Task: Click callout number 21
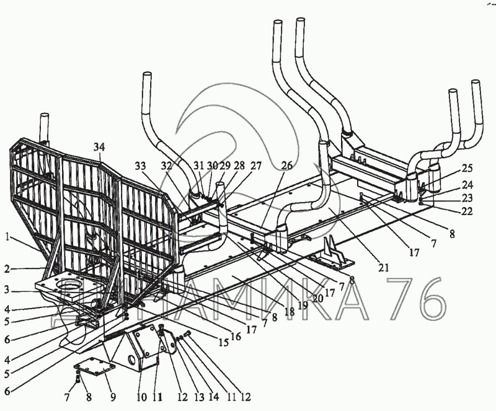click(x=384, y=268)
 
